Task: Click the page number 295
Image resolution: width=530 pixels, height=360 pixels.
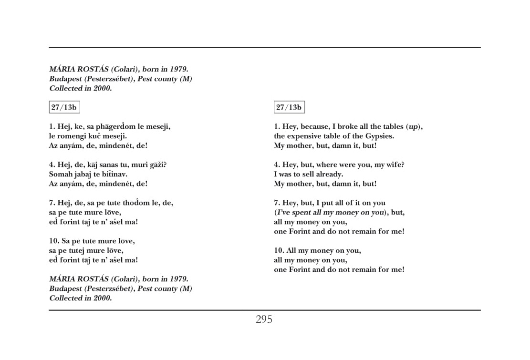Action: tap(264, 319)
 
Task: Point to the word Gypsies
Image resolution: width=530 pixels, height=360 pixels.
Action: tap(380, 136)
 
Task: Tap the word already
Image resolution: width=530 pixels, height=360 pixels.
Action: tap(329, 175)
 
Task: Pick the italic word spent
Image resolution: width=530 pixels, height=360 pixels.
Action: tap(300, 213)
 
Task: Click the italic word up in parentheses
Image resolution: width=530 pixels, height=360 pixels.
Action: tap(413, 127)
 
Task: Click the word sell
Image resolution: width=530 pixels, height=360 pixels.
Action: tap(306, 175)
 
